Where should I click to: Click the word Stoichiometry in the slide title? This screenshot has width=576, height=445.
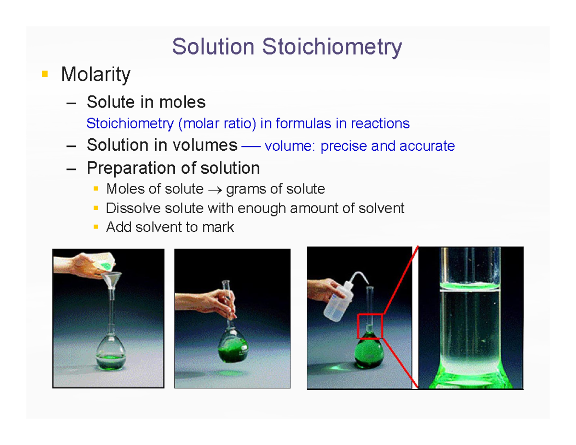(332, 47)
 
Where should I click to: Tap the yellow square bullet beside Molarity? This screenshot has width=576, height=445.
(45, 74)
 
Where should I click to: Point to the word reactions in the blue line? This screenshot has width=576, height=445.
(380, 124)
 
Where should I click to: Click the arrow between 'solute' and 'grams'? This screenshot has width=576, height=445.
(215, 190)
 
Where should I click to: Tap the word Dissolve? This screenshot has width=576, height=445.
(131, 208)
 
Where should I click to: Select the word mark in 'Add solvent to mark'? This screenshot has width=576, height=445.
(219, 227)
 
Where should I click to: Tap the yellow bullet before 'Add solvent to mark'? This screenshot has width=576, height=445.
(96, 227)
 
